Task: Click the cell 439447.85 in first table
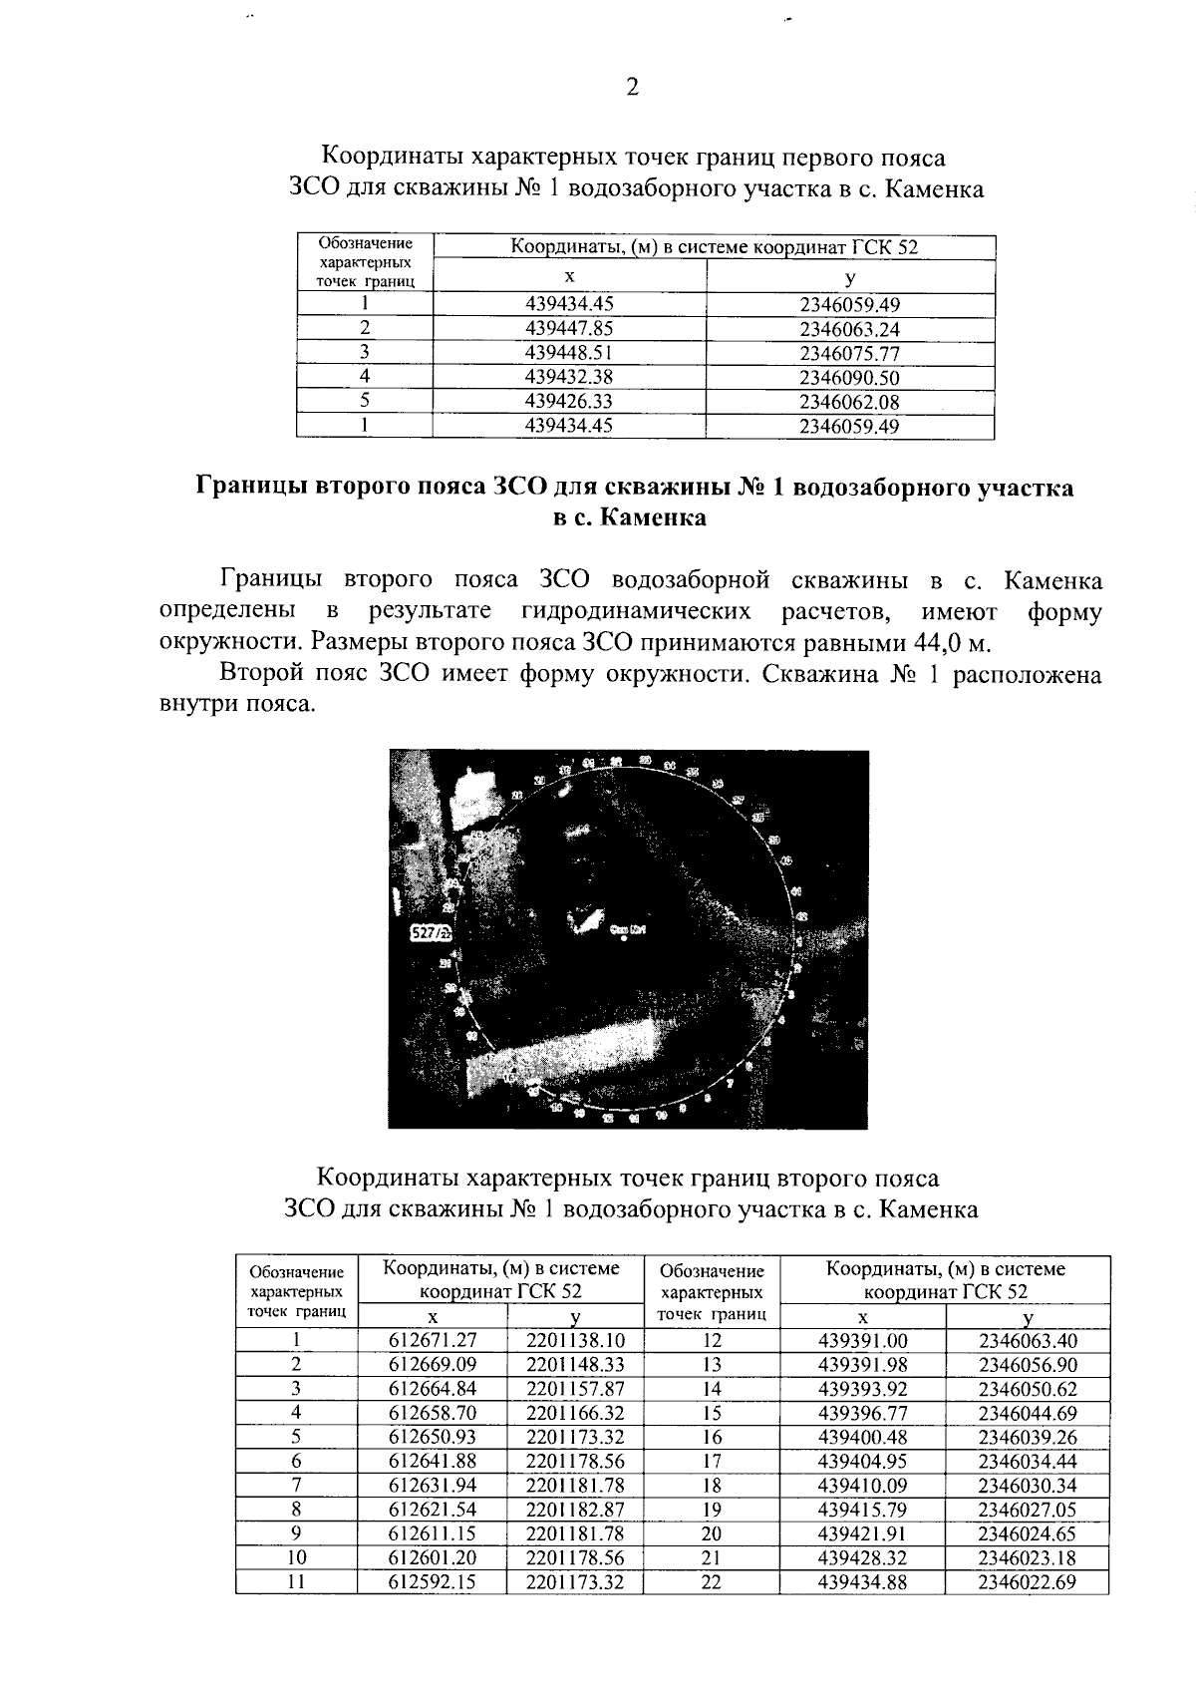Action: click(569, 329)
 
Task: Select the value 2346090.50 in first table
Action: click(849, 378)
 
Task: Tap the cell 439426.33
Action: click(569, 402)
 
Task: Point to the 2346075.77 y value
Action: click(849, 354)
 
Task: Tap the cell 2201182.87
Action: click(575, 1511)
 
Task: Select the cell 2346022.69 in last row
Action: click(1028, 1582)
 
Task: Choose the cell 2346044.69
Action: click(1028, 1414)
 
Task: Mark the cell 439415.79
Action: click(862, 1511)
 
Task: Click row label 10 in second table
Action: click(296, 1558)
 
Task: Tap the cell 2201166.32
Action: click(575, 1414)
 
